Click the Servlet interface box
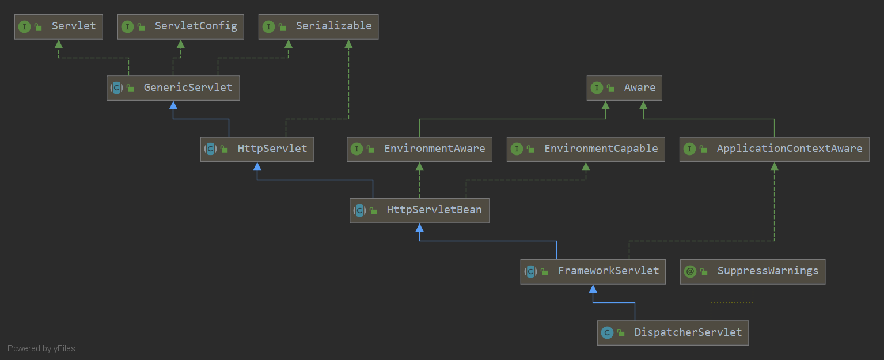click(x=58, y=26)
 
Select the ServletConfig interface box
click(x=180, y=26)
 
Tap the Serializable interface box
click(x=318, y=26)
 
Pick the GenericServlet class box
click(x=173, y=88)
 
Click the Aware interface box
click(x=624, y=88)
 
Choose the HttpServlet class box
click(x=257, y=149)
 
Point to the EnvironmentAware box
click(x=419, y=149)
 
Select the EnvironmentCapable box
click(x=586, y=149)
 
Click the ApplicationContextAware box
click(x=774, y=149)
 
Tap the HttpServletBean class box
click(x=419, y=210)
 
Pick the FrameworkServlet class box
click(x=593, y=271)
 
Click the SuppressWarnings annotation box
click(x=753, y=271)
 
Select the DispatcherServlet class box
click(x=673, y=333)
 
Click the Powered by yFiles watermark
click(x=41, y=348)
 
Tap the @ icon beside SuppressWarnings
click(x=690, y=271)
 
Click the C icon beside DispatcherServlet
click(x=606, y=333)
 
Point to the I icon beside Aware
click(x=597, y=88)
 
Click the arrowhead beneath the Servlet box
click(x=58, y=44)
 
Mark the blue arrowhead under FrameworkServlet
click(x=593, y=288)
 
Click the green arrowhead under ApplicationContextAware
click(x=774, y=166)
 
